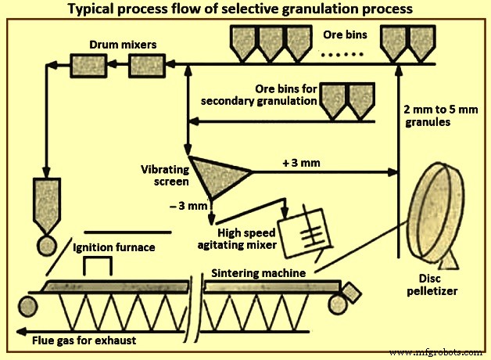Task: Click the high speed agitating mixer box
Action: pos(303,235)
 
